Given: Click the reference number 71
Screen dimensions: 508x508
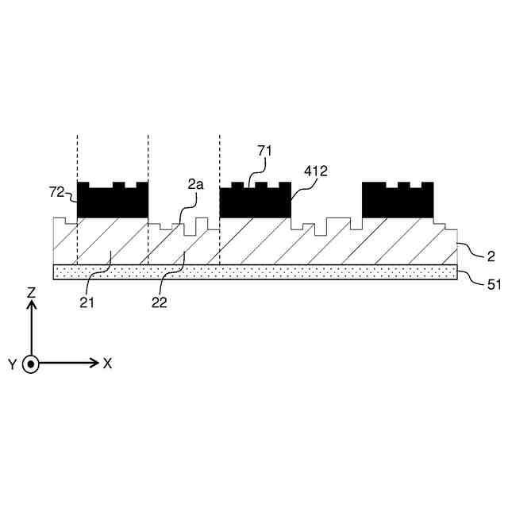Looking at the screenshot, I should pos(264,150).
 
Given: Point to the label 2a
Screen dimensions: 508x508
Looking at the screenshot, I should pos(195,184).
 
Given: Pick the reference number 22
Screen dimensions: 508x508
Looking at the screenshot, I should pos(159,302).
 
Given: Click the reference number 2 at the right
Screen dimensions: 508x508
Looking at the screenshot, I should pos(491,256).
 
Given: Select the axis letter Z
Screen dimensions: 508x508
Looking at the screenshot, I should pos(31,293).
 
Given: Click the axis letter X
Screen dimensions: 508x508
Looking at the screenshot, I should pos(107,364).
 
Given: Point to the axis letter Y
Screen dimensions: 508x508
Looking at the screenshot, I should pos(11,364).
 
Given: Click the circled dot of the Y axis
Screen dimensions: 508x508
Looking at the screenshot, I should pos(31,364).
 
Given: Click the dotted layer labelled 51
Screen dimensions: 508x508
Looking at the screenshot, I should pos(254,272).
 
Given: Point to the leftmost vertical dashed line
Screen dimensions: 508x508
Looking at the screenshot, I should pos(77,159).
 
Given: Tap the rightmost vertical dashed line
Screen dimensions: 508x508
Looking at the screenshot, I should pos(220,159).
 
